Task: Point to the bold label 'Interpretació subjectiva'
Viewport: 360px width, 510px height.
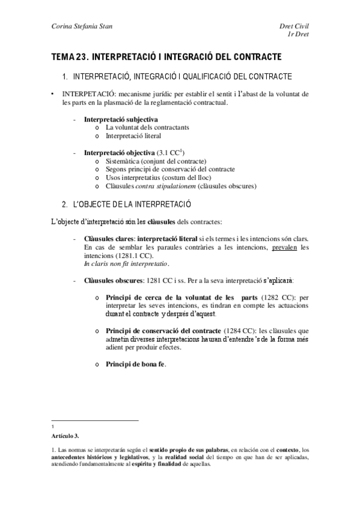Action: point(121,119)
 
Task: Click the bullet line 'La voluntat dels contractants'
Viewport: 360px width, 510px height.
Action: point(147,127)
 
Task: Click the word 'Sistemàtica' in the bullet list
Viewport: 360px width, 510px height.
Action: point(124,161)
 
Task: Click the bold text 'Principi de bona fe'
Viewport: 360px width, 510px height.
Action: point(135,364)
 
